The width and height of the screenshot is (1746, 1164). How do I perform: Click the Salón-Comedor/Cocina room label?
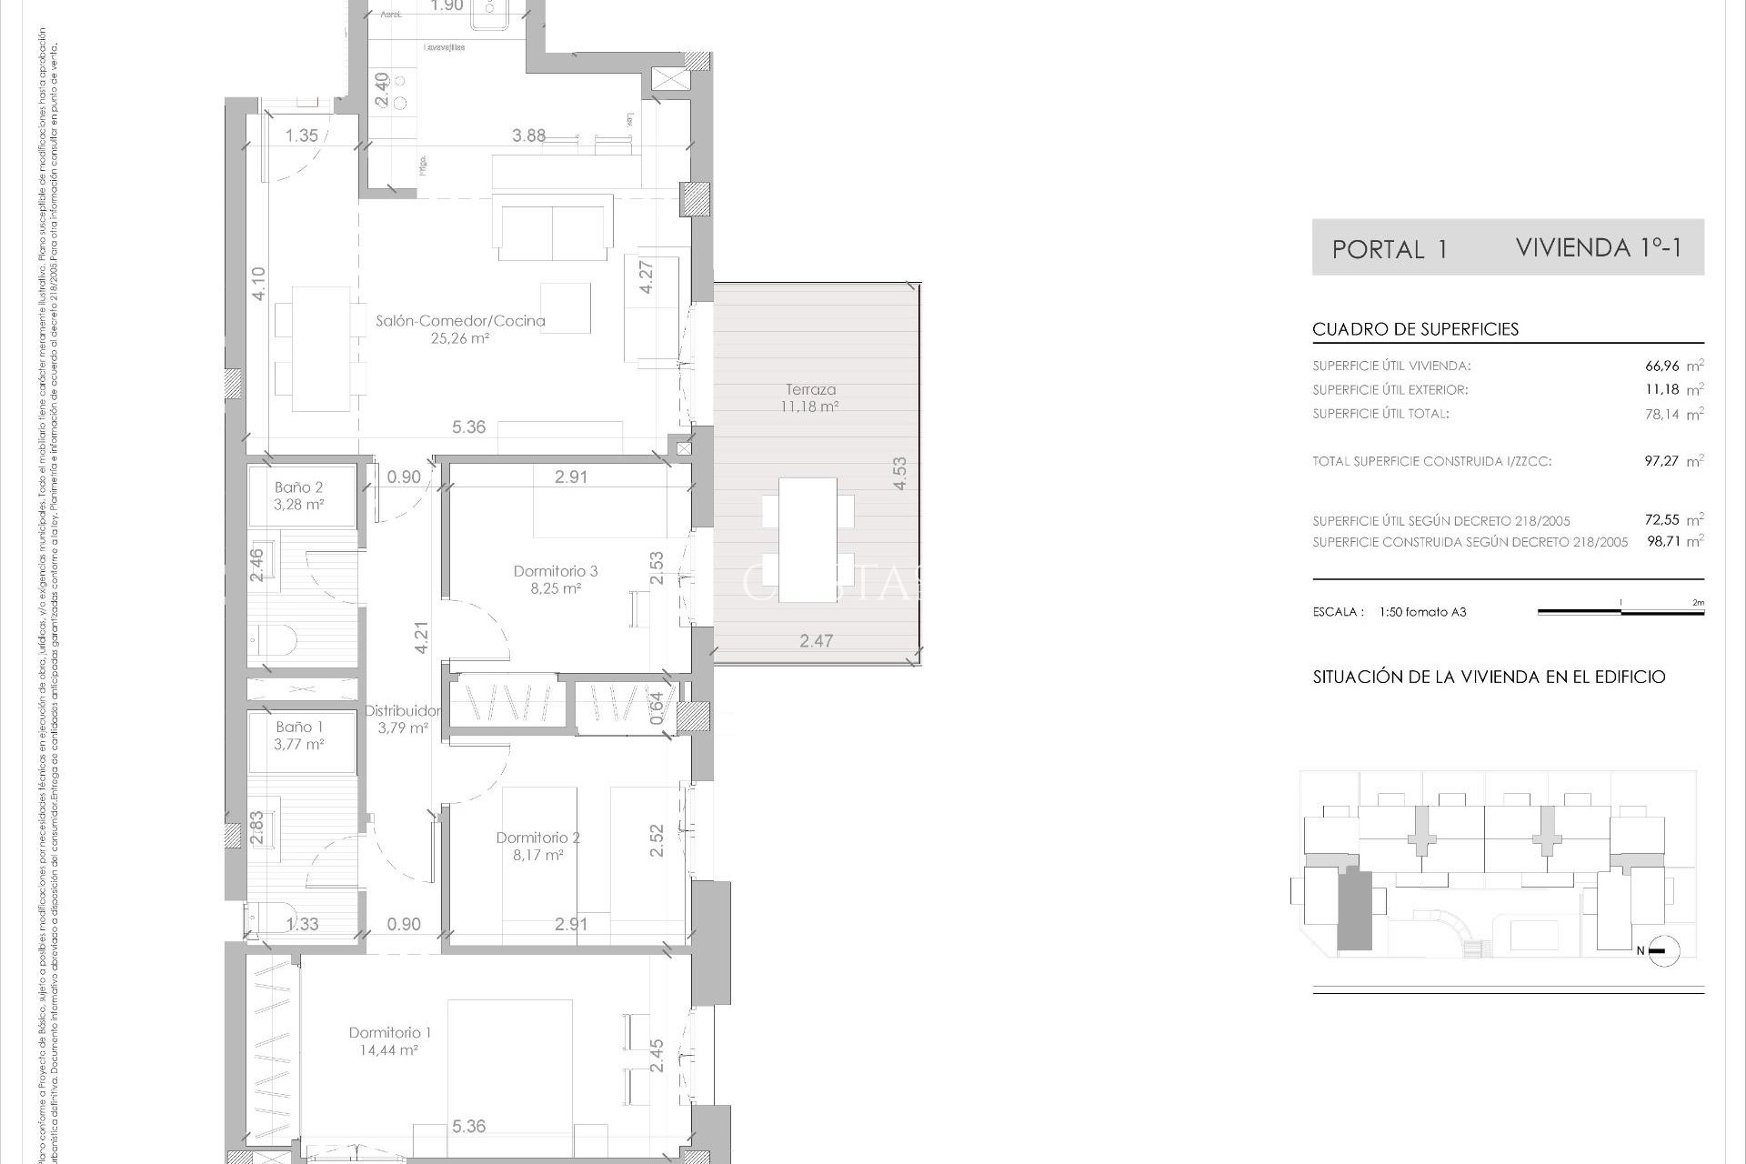(460, 321)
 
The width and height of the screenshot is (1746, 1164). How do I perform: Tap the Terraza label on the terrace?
(810, 390)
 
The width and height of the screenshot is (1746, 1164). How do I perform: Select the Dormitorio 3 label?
(555, 571)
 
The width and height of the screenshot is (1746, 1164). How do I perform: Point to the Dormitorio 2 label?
(537, 838)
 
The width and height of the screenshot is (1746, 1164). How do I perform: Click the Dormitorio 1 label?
(390, 1032)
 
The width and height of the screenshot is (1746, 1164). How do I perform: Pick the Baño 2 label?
(299, 487)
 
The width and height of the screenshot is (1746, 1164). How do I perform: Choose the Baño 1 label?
(299, 727)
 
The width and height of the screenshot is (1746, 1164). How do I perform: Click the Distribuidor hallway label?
(403, 710)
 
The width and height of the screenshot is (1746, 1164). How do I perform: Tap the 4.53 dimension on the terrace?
(899, 474)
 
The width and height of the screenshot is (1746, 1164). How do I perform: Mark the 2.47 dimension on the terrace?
(816, 641)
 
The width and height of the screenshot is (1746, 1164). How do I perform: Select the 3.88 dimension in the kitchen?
(528, 135)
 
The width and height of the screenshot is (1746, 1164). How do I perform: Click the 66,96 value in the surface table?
(1661, 366)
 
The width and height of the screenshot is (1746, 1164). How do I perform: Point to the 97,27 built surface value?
(1661, 461)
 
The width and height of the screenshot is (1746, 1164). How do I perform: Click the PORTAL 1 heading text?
(1389, 249)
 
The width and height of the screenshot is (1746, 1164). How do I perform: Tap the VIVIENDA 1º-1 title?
(1599, 247)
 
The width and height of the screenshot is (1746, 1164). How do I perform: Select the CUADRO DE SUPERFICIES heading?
(1415, 329)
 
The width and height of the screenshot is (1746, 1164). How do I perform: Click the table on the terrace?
(808, 539)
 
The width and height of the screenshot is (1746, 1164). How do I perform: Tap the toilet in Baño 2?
(275, 640)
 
